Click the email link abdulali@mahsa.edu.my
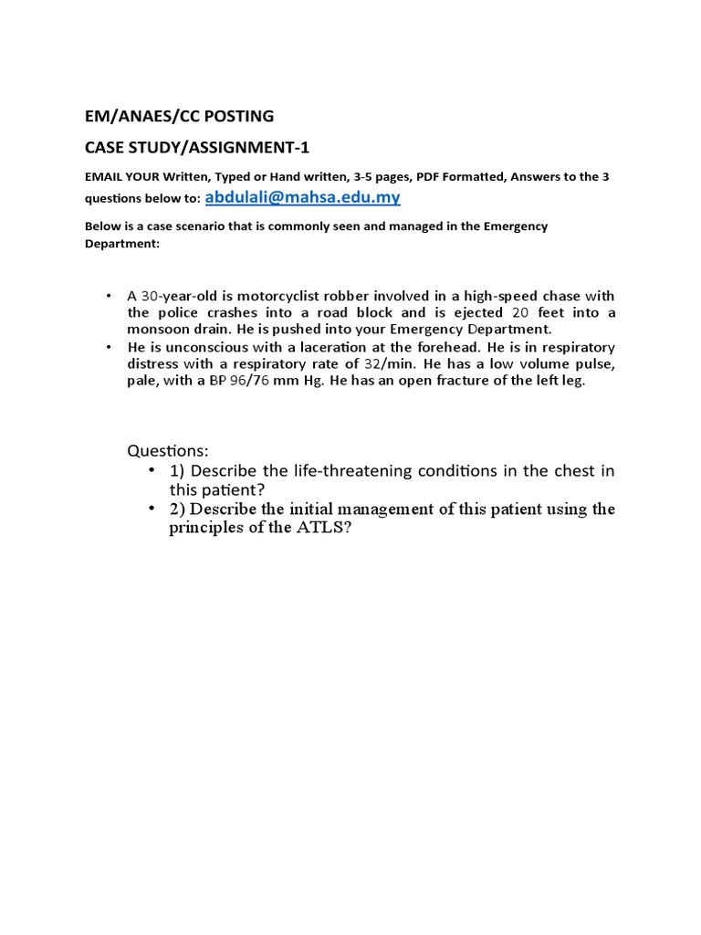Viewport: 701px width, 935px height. (302, 197)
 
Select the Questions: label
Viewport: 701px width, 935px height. (168, 451)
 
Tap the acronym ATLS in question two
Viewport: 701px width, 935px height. (319, 529)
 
